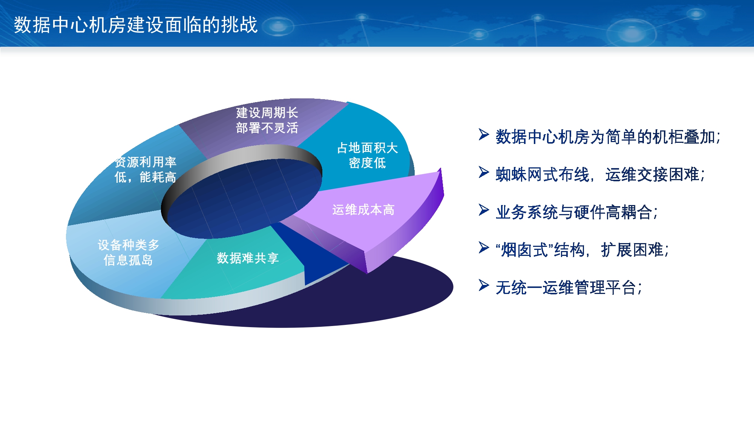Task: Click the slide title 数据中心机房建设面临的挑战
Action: pos(136,25)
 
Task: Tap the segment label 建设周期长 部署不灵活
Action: pos(267,120)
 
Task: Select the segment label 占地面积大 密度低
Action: pos(367,155)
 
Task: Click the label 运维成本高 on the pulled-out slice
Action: pos(363,210)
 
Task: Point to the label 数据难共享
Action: pos(248,258)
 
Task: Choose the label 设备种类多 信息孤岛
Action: pos(128,253)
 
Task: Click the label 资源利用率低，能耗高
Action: pos(145,170)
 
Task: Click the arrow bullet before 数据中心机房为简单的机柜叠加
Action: pos(484,134)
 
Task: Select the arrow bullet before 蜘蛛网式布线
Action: pos(484,172)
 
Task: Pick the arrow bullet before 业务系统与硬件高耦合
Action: pos(484,210)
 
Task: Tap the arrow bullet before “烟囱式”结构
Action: pos(484,247)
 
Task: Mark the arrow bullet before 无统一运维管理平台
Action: pos(484,285)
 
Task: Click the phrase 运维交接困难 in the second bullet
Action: pos(652,174)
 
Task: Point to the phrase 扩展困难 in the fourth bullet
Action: pos(632,250)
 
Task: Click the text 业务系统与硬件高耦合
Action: pos(574,212)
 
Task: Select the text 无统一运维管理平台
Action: pos(566,288)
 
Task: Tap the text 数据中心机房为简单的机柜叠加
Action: pos(605,137)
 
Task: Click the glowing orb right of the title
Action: pos(279,26)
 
